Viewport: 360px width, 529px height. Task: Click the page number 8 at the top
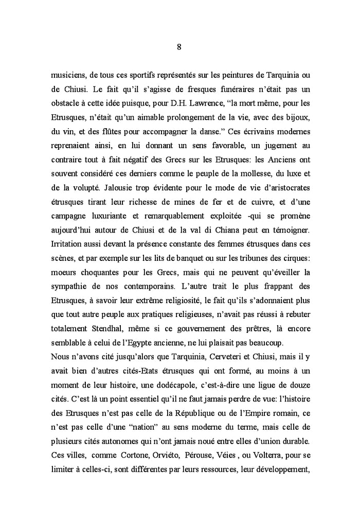[178, 47]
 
